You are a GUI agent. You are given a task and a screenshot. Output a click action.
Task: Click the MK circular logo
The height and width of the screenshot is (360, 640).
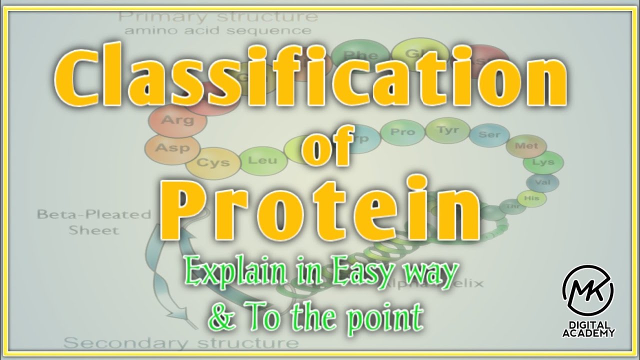pyautogui.click(x=588, y=290)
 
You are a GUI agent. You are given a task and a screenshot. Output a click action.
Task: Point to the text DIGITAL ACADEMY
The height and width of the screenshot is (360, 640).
pyautogui.click(x=588, y=328)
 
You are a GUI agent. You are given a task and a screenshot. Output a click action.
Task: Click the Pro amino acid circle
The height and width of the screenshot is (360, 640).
pyautogui.click(x=402, y=132)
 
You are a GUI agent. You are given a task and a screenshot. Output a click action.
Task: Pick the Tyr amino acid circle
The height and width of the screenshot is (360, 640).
pyautogui.click(x=447, y=130)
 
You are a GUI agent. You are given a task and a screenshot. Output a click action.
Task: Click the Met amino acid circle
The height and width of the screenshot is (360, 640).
pyautogui.click(x=526, y=146)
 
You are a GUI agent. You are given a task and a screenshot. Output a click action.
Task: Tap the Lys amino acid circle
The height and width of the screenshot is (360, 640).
pyautogui.click(x=543, y=162)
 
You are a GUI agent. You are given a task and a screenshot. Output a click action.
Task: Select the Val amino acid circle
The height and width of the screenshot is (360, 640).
pyautogui.click(x=542, y=182)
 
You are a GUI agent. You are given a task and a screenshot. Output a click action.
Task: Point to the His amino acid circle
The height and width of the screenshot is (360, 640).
pyautogui.click(x=531, y=198)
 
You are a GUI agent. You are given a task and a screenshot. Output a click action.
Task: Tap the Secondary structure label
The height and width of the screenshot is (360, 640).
pyautogui.click(x=182, y=343)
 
